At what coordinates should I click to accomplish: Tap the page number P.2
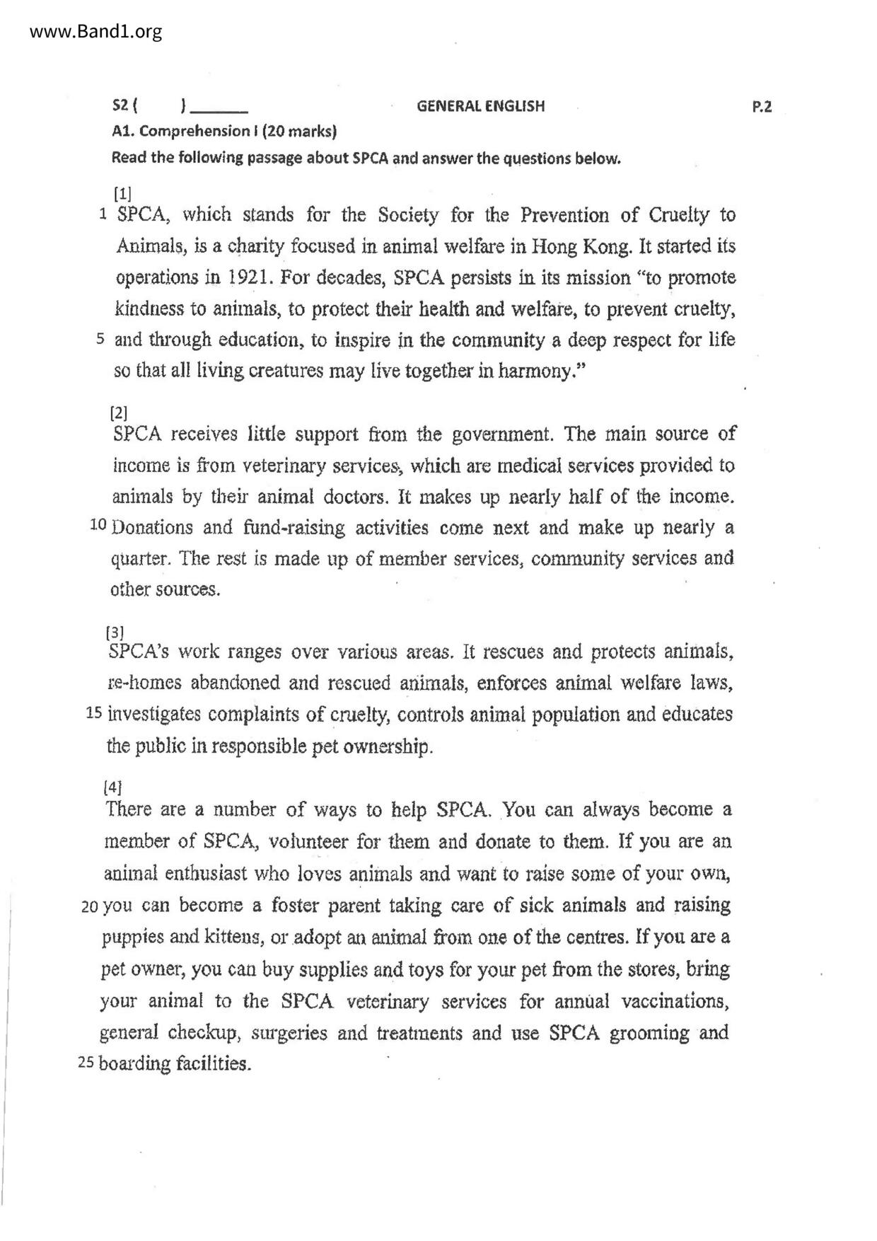(762, 107)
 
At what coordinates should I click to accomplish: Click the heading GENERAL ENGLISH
(480, 107)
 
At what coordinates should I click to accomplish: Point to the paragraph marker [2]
(119, 412)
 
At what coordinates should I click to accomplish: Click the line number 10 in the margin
(98, 526)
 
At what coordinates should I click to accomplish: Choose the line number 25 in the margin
(88, 1063)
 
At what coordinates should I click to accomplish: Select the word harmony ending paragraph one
(534, 371)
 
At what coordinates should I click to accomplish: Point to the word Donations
(153, 528)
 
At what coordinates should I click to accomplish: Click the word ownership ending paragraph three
(387, 746)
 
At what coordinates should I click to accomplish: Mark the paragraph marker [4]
(112, 787)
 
